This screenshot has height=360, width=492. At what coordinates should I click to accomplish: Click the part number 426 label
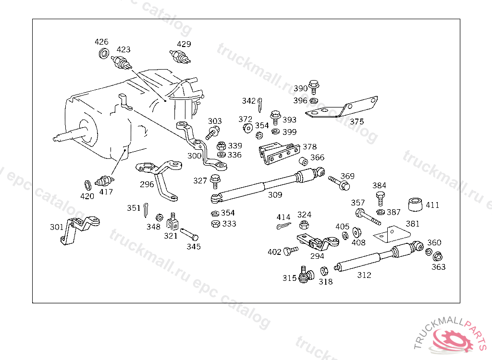pyautogui.click(x=101, y=42)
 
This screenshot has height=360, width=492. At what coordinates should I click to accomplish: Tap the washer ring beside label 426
pyautogui.click(x=103, y=53)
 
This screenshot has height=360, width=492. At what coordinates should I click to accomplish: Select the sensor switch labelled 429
pyautogui.click(x=181, y=57)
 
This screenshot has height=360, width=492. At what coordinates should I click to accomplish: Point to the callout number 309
pyautogui.click(x=275, y=195)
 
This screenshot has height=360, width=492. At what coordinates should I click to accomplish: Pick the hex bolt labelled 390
pyautogui.click(x=314, y=87)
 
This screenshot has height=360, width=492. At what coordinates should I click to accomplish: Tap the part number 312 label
pyautogui.click(x=364, y=275)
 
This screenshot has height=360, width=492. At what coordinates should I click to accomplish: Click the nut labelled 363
pyautogui.click(x=438, y=256)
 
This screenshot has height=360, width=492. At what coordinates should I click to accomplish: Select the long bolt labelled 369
pyautogui.click(x=339, y=183)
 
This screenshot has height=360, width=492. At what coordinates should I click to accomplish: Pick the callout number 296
pyautogui.click(x=147, y=184)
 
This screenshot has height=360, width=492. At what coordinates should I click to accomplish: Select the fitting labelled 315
pyautogui.click(x=305, y=275)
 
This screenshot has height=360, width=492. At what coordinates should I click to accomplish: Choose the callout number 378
pyautogui.click(x=309, y=147)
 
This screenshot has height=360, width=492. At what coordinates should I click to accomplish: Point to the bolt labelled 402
pyautogui.click(x=289, y=251)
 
